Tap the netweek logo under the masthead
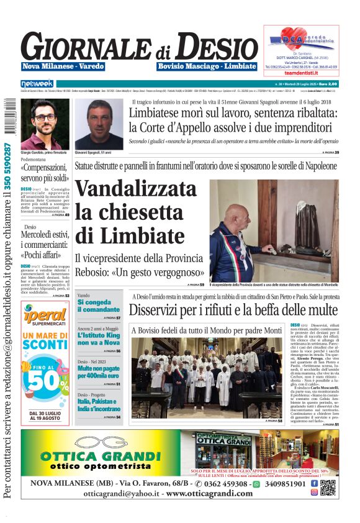pyautogui.click(x=38, y=83)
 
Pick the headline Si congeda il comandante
pyautogui.click(x=98, y=306)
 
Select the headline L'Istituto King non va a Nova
pyautogui.click(x=99, y=339)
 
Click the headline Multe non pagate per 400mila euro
pyautogui.click(x=99, y=372)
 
